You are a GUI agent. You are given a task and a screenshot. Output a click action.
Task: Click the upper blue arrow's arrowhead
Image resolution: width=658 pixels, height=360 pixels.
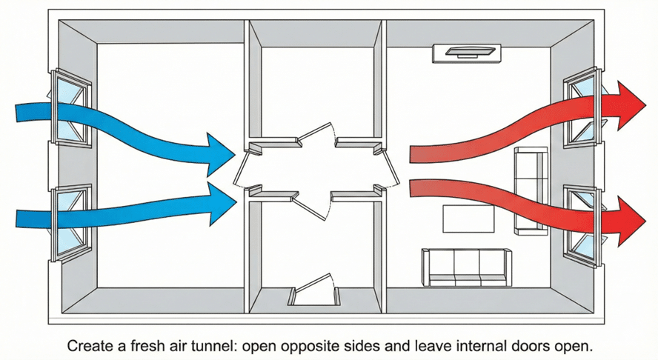pyautogui.click(x=219, y=154)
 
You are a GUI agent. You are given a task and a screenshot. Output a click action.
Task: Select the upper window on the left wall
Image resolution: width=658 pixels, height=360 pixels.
pyautogui.click(x=71, y=108)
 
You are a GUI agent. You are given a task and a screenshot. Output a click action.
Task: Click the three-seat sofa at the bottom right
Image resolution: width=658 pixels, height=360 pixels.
pyautogui.click(x=467, y=267)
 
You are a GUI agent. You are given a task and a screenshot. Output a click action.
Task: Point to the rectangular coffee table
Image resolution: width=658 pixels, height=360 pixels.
pyautogui.click(x=468, y=219)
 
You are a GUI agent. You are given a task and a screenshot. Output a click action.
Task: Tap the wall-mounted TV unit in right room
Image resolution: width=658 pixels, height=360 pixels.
pyautogui.click(x=467, y=53)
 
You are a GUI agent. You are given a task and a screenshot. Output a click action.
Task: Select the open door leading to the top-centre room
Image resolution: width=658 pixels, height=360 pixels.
pyautogui.click(x=317, y=134)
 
